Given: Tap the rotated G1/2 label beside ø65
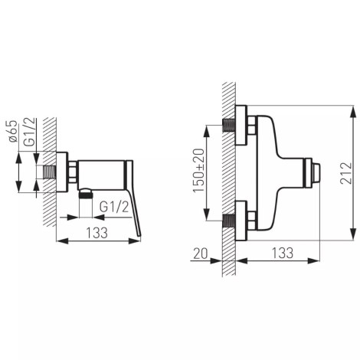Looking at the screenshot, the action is [x=29, y=133].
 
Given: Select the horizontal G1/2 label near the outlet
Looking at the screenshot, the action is [x=114, y=207].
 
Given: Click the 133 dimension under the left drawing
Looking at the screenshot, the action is [x=97, y=233].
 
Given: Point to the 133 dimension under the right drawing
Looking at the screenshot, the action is [x=283, y=253].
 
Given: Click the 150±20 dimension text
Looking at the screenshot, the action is [x=199, y=171].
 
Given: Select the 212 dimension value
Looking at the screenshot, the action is [x=345, y=173].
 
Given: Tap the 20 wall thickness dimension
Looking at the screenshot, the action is [x=201, y=254].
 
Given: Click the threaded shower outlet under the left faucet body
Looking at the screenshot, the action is [x=86, y=194].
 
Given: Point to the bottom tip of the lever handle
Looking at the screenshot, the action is [x=139, y=236].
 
